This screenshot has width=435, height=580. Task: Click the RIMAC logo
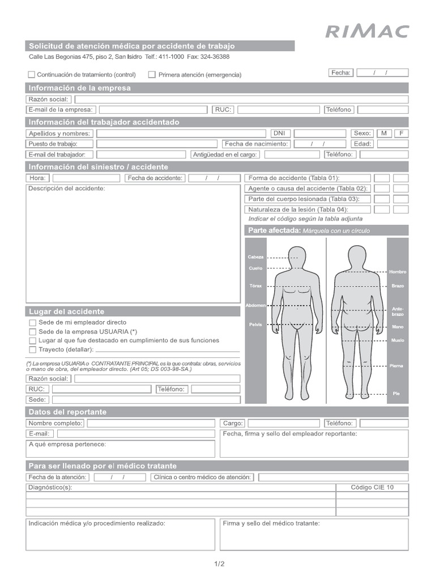pyautogui.click(x=366, y=31)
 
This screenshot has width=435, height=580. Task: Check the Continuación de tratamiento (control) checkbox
pyautogui.click(x=32, y=74)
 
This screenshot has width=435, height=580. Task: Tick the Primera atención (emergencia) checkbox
pyautogui.click(x=152, y=74)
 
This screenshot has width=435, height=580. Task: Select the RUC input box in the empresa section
pyautogui.click(x=279, y=110)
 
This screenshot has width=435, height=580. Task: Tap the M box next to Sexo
pyautogui.click(x=384, y=133)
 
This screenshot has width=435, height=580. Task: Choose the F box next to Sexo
pyautogui.click(x=401, y=133)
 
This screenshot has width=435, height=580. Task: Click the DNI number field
pyautogui.click(x=319, y=133)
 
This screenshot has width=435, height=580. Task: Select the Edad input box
pyautogui.click(x=393, y=144)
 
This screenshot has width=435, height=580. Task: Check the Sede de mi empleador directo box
pyautogui.click(x=32, y=322)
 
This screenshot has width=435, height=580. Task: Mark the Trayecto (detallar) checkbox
pyautogui.click(x=32, y=349)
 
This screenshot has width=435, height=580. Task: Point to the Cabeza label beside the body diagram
pyautogui.click(x=255, y=257)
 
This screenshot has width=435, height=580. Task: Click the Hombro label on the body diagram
pyautogui.click(x=398, y=272)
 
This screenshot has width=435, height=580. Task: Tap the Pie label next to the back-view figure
pyautogui.click(x=396, y=393)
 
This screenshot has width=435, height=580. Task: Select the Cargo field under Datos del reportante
pyautogui.click(x=283, y=423)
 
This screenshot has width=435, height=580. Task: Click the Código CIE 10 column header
pyautogui.click(x=372, y=487)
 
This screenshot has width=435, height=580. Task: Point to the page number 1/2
pyautogui.click(x=219, y=564)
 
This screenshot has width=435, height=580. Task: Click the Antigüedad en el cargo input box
pyautogui.click(x=292, y=155)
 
